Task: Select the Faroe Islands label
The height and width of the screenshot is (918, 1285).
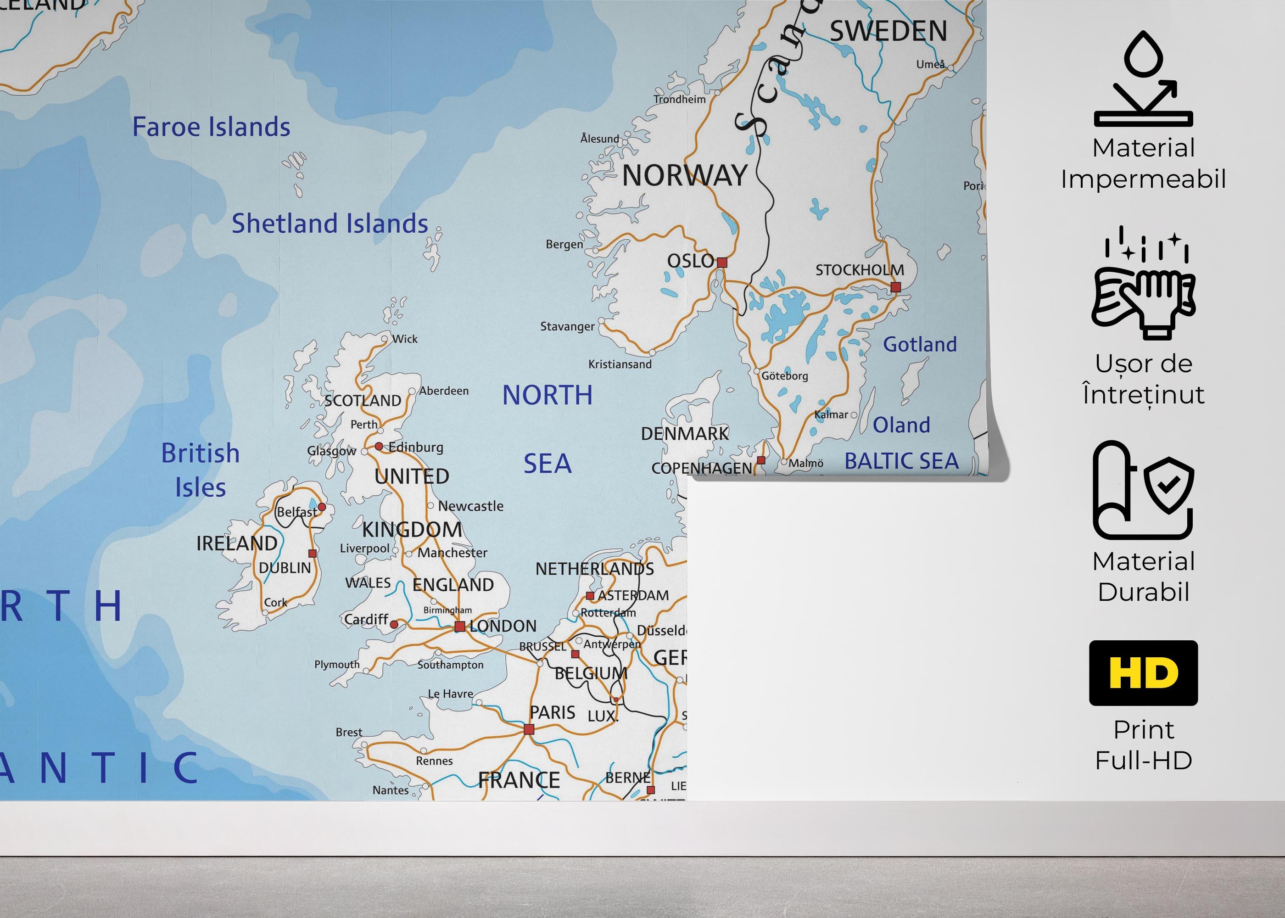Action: pos(212,127)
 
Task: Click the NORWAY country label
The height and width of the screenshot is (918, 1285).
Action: pos(685,176)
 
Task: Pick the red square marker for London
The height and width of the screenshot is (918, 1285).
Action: pos(460,627)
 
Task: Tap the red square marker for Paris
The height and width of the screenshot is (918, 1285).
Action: pos(529,730)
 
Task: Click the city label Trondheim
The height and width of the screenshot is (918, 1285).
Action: pos(679,100)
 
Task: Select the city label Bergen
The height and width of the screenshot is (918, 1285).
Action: pos(564,244)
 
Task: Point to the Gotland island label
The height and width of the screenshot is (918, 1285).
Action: pos(920,344)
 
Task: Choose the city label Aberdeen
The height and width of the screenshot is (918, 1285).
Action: pos(444,391)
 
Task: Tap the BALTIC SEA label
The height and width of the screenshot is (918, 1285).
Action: pos(901,461)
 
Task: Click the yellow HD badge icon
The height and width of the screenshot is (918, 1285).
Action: pos(1143,673)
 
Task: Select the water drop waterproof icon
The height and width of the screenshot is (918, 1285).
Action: pos(1143,79)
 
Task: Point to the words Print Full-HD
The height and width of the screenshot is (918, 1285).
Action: pos(1143,745)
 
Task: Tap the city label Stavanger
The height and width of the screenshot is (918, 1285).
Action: pos(567,327)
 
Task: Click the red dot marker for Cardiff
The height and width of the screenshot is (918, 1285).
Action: pos(394,625)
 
